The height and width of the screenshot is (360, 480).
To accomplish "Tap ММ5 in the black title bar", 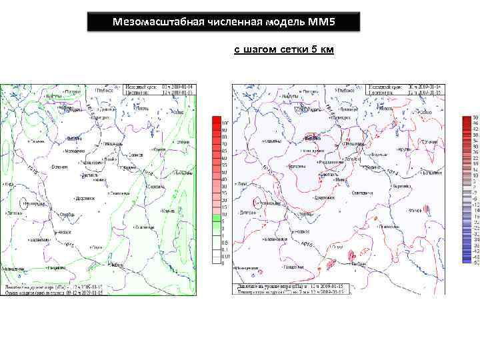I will coord(323,22).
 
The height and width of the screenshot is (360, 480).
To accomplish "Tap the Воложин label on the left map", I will coord(59,166).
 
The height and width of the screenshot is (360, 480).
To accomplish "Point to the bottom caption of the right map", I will coord(290,289).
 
